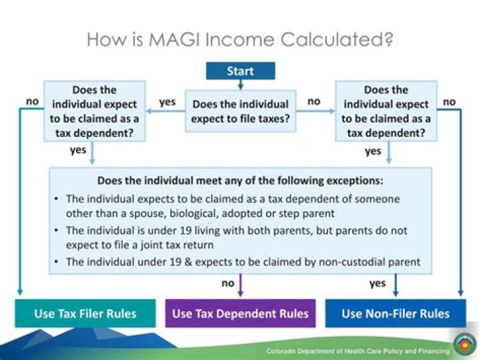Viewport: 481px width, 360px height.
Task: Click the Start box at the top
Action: pos(240,71)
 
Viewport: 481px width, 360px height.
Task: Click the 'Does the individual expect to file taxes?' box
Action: pos(240,111)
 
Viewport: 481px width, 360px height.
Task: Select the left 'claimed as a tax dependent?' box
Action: pos(94,111)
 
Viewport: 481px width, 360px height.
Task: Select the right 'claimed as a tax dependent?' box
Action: pos(386,111)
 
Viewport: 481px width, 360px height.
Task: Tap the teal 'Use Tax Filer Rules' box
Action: pos(85,313)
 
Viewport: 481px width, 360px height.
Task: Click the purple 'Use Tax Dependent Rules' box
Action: pos(240,313)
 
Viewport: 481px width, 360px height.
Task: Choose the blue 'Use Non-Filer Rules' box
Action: pos(395,313)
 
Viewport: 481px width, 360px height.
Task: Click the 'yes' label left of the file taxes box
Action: pos(167,102)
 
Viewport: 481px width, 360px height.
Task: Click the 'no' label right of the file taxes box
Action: pos(313,102)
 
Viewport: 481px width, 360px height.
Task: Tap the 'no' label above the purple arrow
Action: pos(228,283)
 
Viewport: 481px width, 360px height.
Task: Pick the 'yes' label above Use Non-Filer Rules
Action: pos(377,283)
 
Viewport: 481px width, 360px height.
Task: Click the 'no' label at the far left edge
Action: pos(31,102)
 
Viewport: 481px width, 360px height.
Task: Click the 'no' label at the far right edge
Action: pos(450,102)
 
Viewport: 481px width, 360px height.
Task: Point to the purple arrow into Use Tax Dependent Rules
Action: pos(240,288)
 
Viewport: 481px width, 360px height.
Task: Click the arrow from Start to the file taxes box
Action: pos(240,85)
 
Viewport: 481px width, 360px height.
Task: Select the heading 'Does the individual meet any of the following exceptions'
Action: pos(241,180)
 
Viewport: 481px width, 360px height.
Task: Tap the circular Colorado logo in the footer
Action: pos(464,345)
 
